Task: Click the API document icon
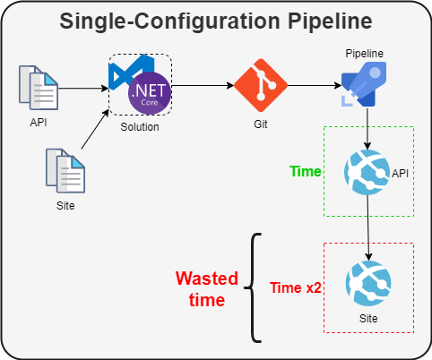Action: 39,87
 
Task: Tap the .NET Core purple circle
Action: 148,94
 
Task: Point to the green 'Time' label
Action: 306,170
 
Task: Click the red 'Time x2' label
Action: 297,287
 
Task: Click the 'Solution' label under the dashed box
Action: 139,127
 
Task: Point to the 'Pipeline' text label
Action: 365,54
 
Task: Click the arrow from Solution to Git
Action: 203,88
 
